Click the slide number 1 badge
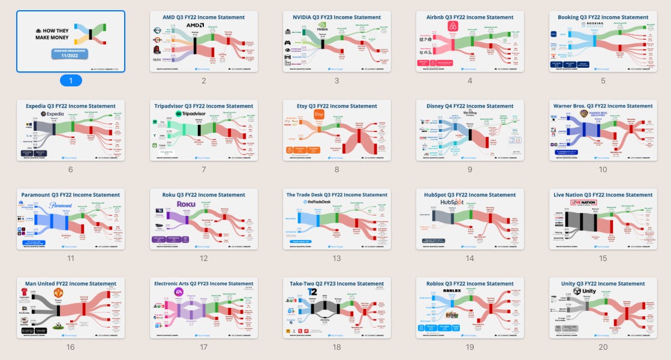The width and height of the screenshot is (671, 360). [x=71, y=80]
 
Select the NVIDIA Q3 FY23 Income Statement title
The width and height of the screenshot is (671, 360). [x=336, y=17]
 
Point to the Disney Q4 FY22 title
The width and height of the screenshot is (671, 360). [x=470, y=106]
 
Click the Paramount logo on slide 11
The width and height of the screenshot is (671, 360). [x=61, y=205]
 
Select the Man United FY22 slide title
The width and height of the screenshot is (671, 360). [x=71, y=284]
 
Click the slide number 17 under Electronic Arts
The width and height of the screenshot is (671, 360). [x=204, y=347]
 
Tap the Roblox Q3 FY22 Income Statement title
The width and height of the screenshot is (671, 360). [x=470, y=284]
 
